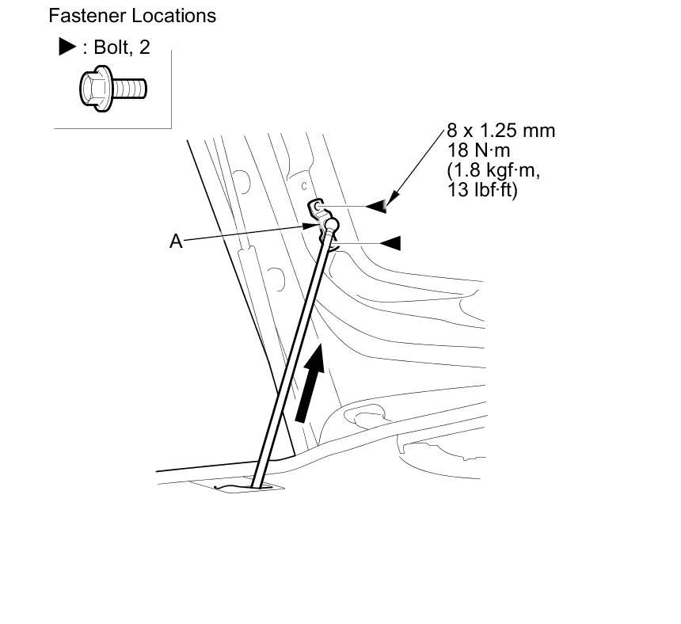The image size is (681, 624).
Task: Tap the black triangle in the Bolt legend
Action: click(x=67, y=48)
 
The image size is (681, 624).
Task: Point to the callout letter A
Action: click(x=176, y=241)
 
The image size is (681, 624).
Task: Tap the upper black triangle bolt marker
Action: click(x=379, y=206)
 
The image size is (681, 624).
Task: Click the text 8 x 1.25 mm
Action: click(x=500, y=131)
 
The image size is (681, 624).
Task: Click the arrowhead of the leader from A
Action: click(x=313, y=226)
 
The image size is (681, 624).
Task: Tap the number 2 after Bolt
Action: click(x=144, y=48)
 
